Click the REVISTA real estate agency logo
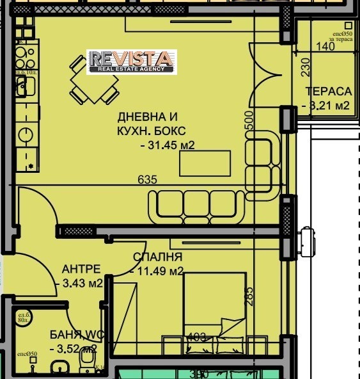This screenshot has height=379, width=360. click(132, 61)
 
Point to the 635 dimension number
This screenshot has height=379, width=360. click(147, 181)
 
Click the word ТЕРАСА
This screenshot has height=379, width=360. click(329, 92)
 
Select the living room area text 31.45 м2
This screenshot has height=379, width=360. click(167, 145)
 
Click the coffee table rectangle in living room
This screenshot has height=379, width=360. click(205, 163)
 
